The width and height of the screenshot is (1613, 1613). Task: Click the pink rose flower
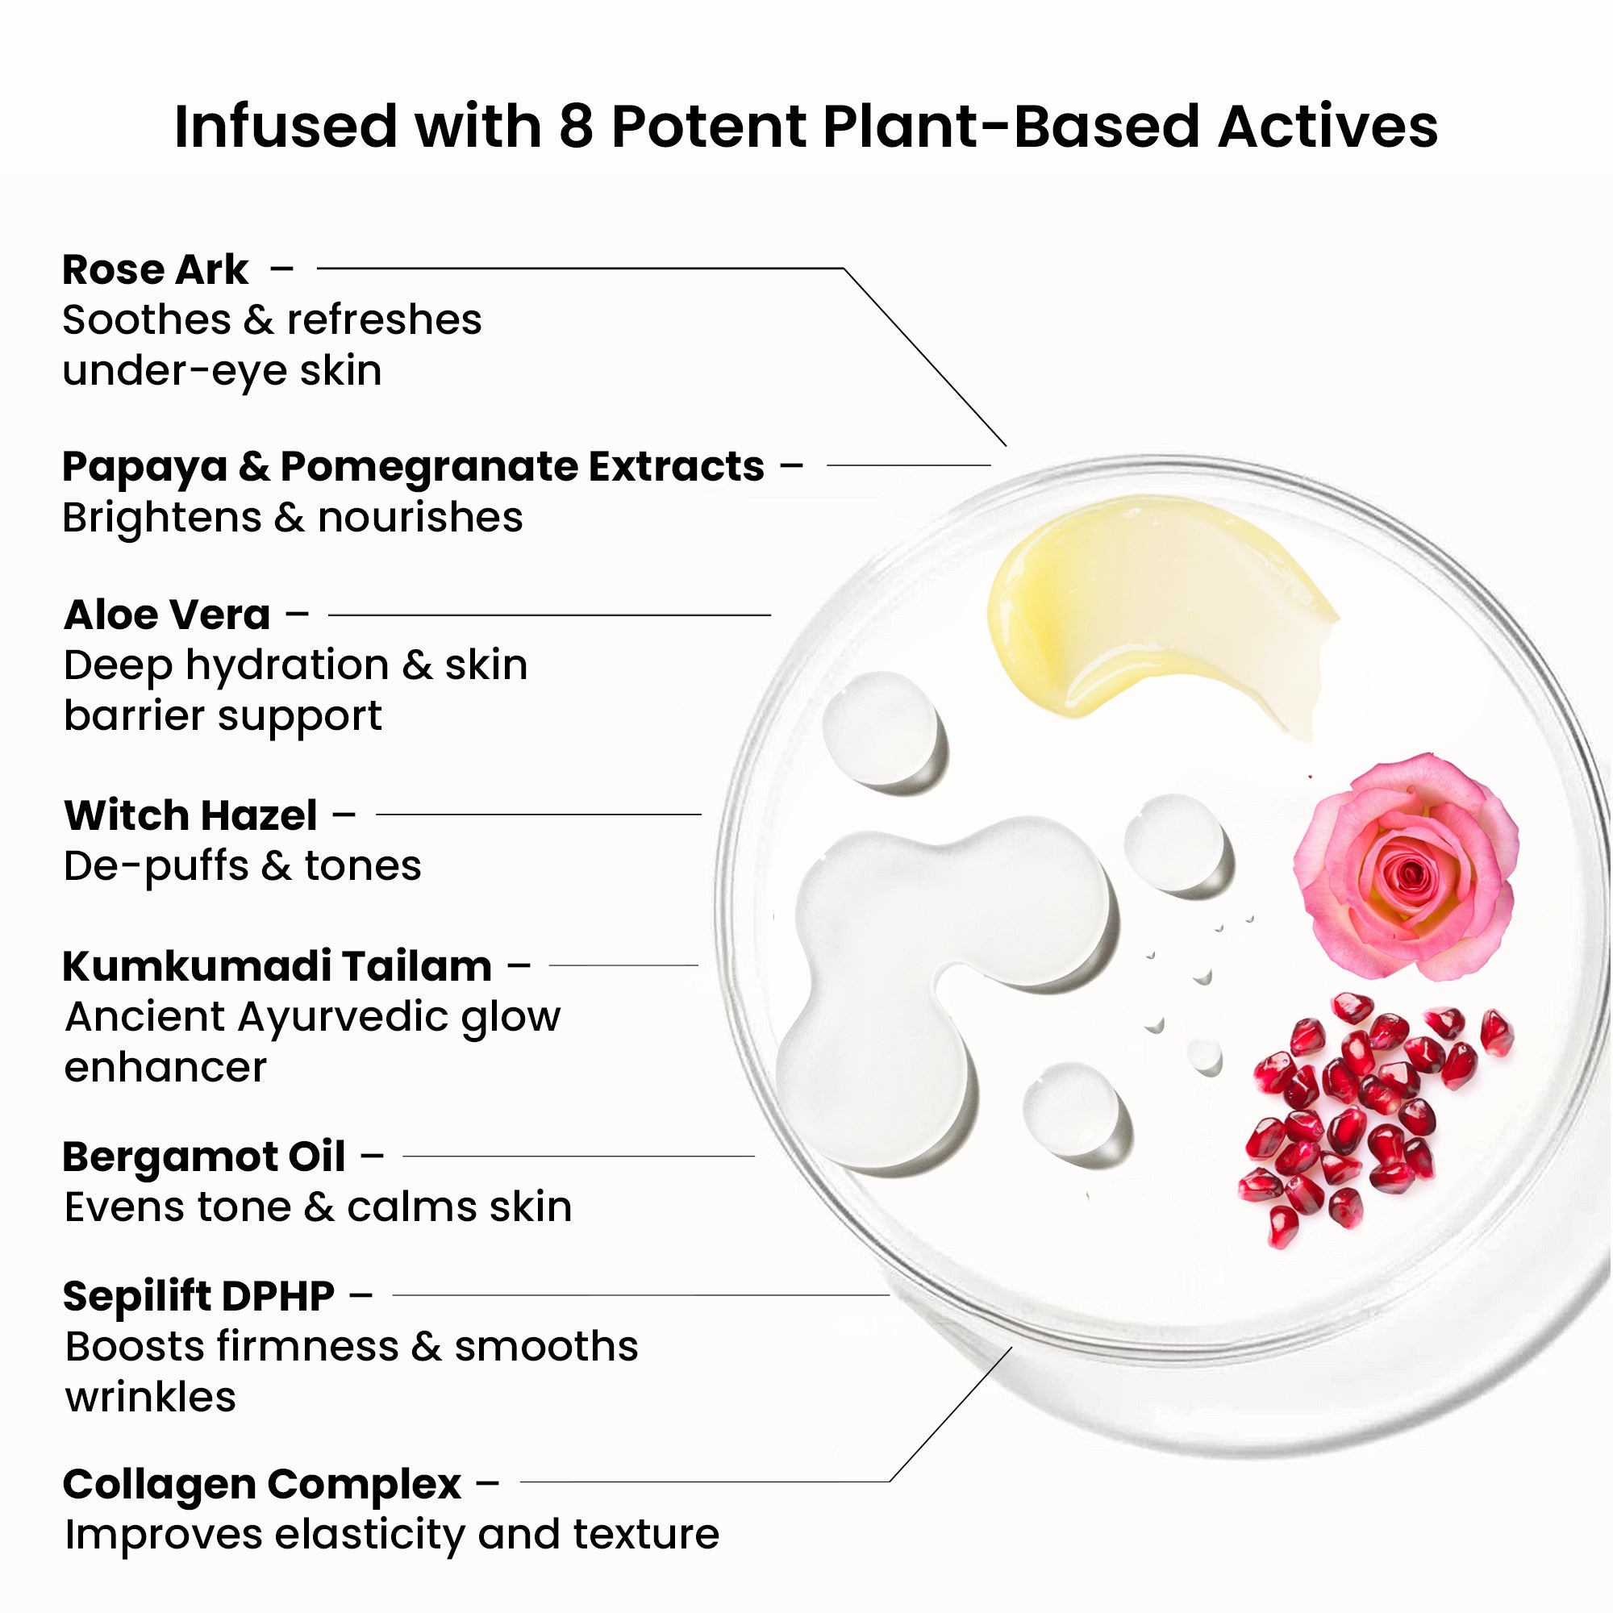[x=1407, y=867]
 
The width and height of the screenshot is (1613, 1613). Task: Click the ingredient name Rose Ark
[x=156, y=269]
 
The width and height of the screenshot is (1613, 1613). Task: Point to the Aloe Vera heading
[x=167, y=615]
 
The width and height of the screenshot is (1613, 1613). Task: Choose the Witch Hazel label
[x=190, y=815]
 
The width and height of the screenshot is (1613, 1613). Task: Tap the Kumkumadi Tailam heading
[x=277, y=966]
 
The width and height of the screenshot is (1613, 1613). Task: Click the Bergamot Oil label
[x=204, y=1157]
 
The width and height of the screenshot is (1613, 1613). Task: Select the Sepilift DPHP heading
[x=198, y=1296]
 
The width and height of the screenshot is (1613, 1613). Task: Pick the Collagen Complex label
[x=261, y=1484]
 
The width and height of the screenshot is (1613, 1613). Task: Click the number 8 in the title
[x=576, y=127]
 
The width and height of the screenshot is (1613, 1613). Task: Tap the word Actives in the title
[x=1327, y=127]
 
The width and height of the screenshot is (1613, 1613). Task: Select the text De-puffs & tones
[x=242, y=865]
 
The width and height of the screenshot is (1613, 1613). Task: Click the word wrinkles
[x=150, y=1397]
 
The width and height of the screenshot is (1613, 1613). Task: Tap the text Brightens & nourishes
[x=292, y=518]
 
